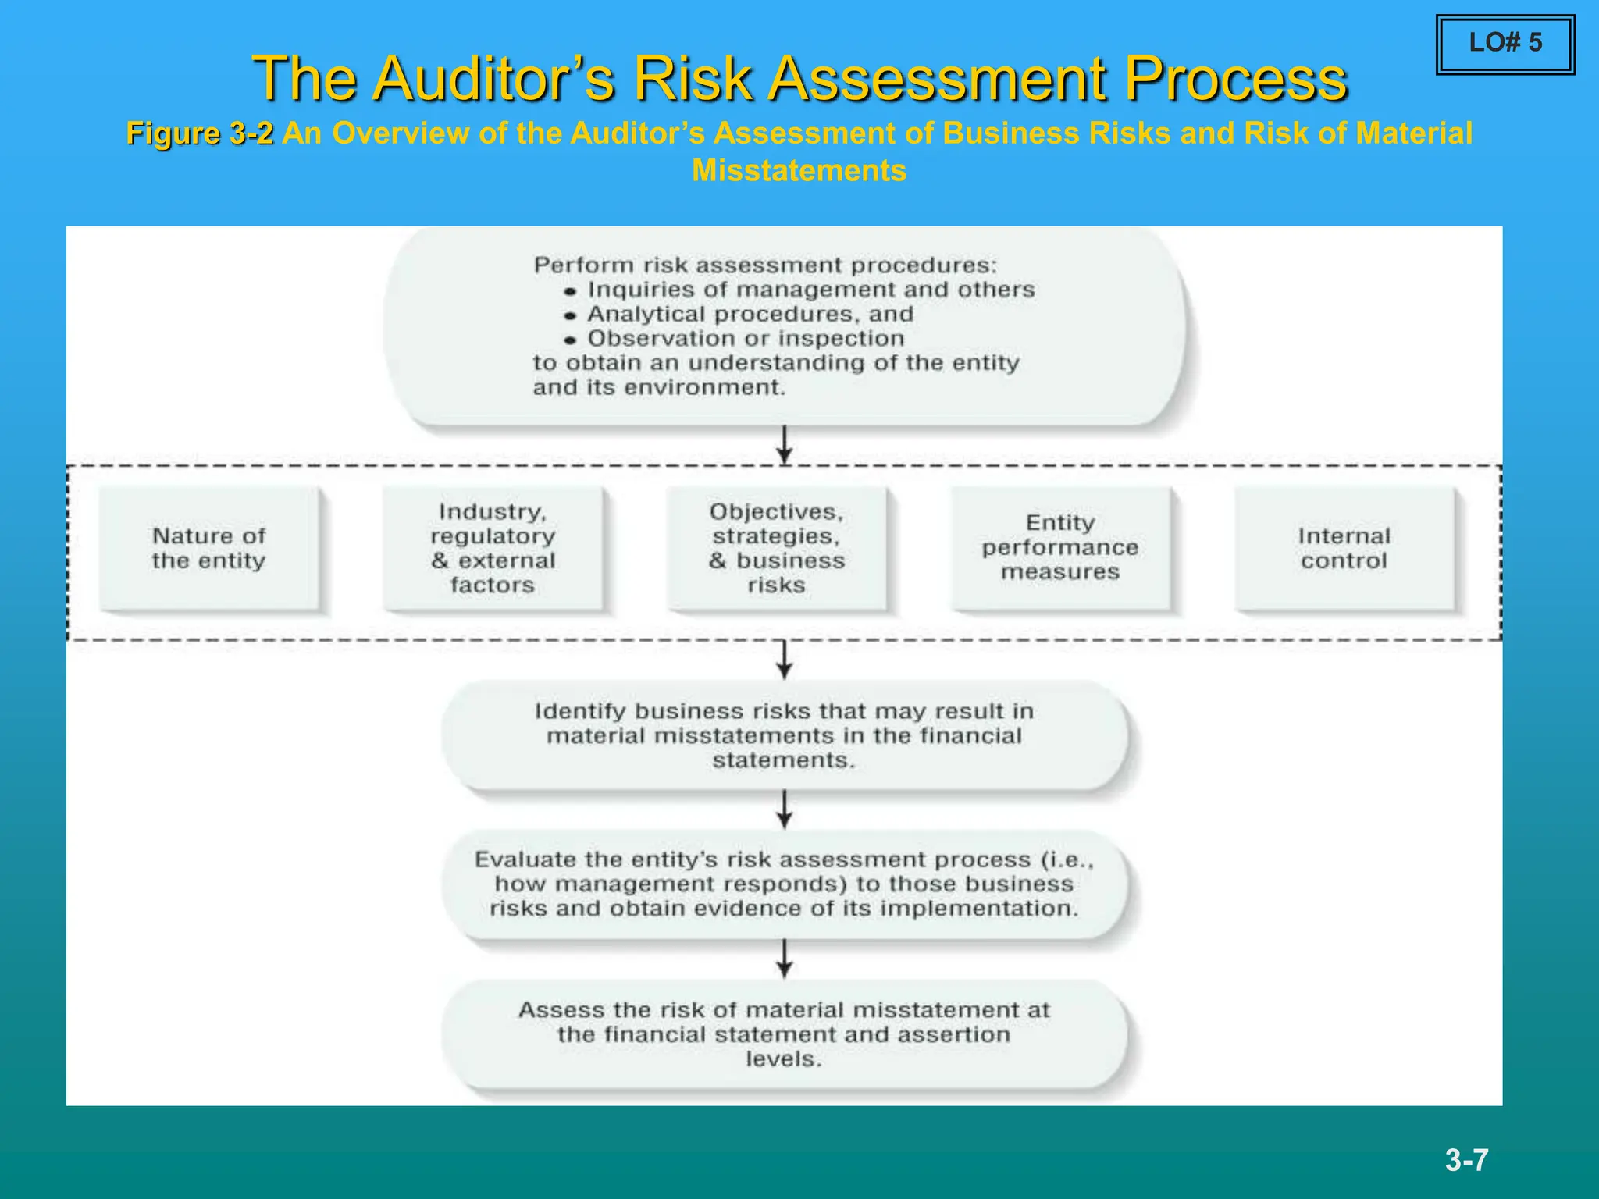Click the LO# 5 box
(x=1505, y=44)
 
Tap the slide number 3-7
(x=1466, y=1160)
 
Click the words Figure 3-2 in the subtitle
(x=200, y=133)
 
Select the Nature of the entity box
(x=209, y=548)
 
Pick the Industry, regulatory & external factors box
(x=493, y=548)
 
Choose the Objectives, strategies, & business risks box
(x=777, y=548)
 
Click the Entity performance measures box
(x=1060, y=548)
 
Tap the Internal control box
(x=1344, y=548)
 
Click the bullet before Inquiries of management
(x=571, y=291)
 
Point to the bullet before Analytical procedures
(x=571, y=316)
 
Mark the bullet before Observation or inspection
(x=571, y=340)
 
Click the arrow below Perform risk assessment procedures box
(x=785, y=445)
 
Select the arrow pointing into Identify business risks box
(x=785, y=660)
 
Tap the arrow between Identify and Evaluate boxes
(x=785, y=809)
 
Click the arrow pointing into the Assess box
(x=785, y=959)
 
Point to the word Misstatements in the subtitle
(x=799, y=171)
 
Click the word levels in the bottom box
(x=783, y=1059)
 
